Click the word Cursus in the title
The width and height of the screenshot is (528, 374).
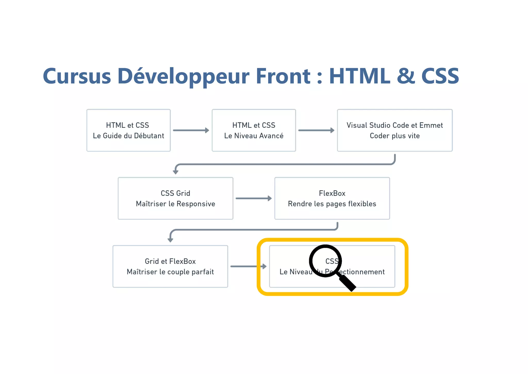[x=77, y=76]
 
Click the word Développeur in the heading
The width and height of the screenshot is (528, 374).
[x=183, y=76]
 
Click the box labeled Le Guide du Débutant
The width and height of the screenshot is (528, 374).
[x=128, y=130]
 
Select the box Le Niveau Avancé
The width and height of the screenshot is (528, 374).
[x=254, y=130]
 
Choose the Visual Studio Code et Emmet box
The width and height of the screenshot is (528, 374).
[x=394, y=130]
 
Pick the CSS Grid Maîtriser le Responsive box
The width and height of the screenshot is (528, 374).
[x=175, y=198]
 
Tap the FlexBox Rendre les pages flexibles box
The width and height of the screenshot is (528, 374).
[x=332, y=198]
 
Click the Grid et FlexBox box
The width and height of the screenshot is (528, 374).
[x=170, y=266]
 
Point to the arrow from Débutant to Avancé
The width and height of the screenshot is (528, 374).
[x=191, y=130]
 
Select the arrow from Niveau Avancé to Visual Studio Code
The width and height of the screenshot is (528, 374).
[x=316, y=130]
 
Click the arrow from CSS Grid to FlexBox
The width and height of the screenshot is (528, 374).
[x=253, y=198]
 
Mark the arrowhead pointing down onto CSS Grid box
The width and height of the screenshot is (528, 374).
[x=176, y=172]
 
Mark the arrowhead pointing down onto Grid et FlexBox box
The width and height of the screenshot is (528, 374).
[x=170, y=240]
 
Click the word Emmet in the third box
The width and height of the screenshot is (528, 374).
[x=431, y=125]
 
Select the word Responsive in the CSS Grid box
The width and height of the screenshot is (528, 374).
[x=196, y=204]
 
